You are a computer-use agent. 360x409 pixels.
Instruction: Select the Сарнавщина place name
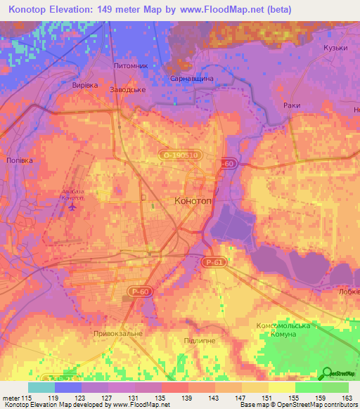click(x=192, y=79)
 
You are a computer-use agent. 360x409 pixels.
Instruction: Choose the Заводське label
click(x=128, y=90)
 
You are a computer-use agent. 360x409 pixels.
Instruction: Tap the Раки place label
click(x=292, y=105)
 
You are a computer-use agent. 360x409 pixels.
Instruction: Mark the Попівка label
click(x=19, y=160)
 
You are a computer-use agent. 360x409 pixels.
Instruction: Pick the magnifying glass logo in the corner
click(x=327, y=374)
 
